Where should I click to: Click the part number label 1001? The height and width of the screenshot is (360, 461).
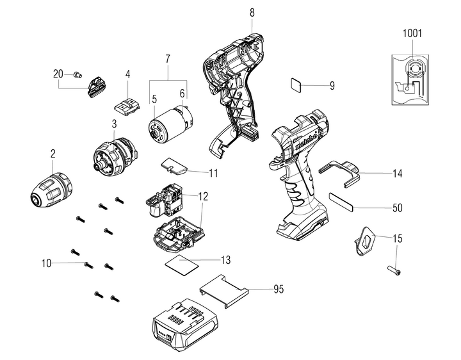tap(412, 33)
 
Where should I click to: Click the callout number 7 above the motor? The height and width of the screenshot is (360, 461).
tap(167, 60)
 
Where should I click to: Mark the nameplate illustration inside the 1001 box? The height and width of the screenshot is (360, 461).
tap(412, 78)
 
